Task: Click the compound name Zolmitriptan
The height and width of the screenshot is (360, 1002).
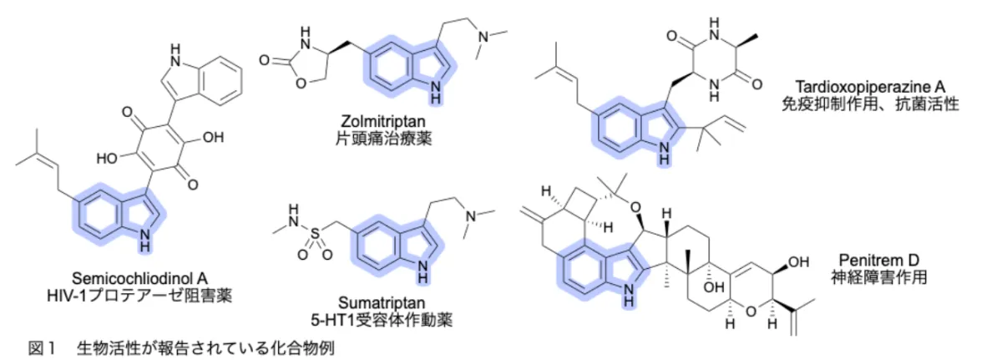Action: (383, 121)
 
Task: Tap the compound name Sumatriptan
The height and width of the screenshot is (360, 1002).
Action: (381, 302)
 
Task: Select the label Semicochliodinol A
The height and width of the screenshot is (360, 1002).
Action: (139, 279)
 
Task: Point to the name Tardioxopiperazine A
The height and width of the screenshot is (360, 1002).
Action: (870, 86)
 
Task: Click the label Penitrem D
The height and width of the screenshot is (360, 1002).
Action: (878, 260)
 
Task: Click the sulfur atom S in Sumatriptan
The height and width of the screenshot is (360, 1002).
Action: (316, 233)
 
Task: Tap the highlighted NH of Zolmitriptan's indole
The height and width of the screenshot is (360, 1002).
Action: (434, 92)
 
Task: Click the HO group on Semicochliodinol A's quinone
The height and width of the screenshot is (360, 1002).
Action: (107, 158)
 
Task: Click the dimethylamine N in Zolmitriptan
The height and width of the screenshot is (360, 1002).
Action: (483, 37)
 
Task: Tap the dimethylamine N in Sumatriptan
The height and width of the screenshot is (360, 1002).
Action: (471, 216)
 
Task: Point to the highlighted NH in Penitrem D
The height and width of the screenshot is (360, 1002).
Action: (629, 296)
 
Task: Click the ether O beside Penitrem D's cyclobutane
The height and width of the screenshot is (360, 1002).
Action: (635, 207)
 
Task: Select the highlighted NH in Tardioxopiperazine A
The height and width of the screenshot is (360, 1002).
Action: (665, 153)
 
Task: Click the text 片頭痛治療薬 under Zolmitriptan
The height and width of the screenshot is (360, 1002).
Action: (383, 139)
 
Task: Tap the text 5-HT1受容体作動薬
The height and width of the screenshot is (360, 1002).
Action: (382, 320)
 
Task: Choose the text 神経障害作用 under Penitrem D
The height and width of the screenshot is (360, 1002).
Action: (879, 277)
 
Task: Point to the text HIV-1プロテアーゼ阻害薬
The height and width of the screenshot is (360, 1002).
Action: (139, 296)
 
